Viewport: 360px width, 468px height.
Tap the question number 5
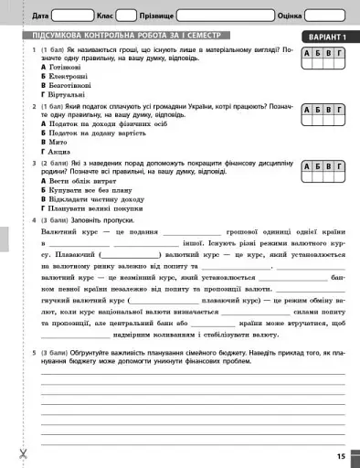click(x=34, y=351)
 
